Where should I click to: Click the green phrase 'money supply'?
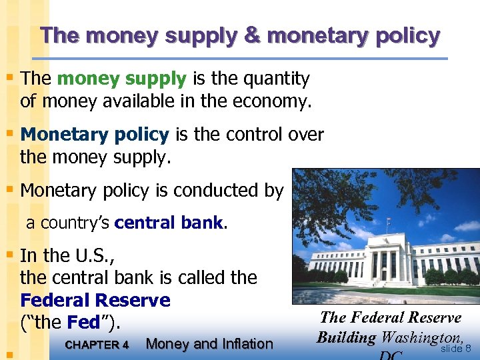[121, 79]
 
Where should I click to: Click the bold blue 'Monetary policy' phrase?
[95, 135]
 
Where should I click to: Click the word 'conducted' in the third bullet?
[217, 191]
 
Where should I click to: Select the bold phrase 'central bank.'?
[171, 223]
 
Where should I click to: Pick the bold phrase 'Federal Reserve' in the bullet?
[95, 301]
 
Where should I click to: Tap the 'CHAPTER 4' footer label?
[97, 345]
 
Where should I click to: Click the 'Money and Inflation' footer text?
[209, 344]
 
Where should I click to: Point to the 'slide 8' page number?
[456, 348]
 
